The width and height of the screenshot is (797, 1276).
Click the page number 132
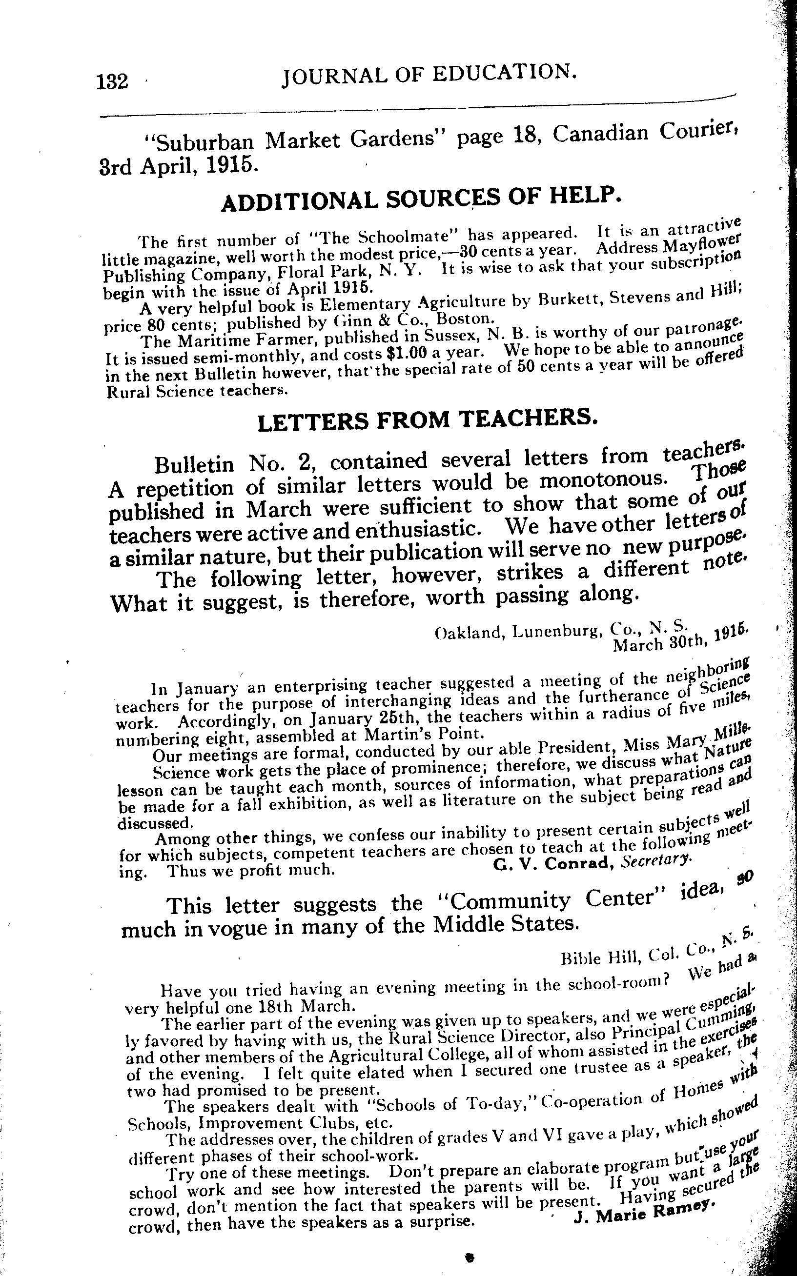click(x=112, y=81)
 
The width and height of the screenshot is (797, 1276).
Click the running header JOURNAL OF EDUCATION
click(x=428, y=75)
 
